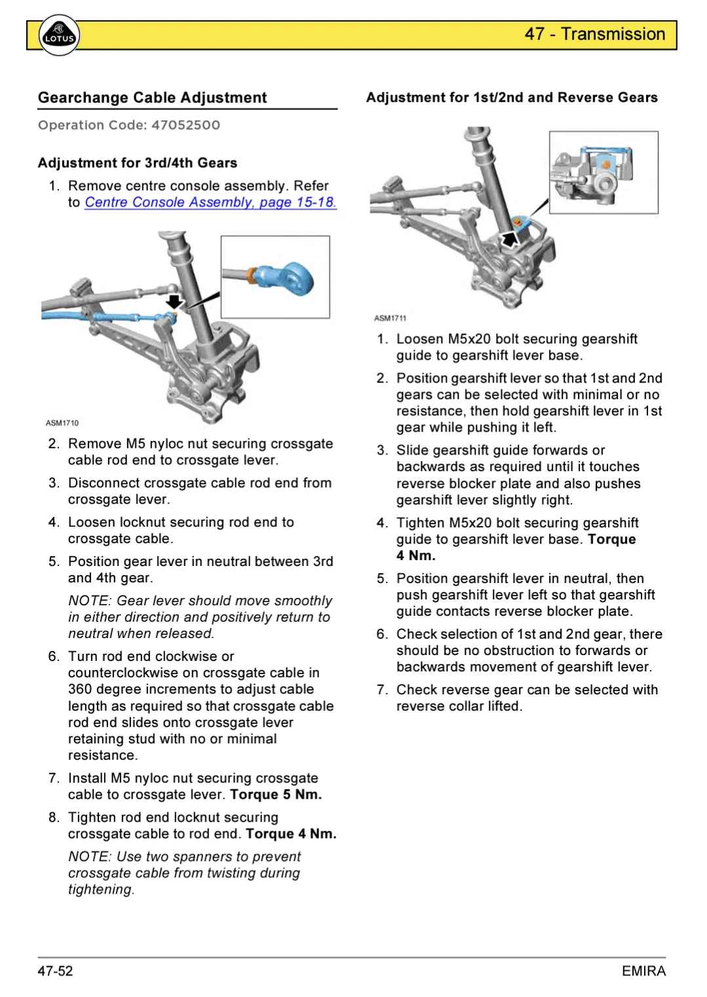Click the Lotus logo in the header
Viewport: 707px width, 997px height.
click(59, 36)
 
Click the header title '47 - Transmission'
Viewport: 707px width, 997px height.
click(594, 34)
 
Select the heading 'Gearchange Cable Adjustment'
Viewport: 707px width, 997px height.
click(152, 98)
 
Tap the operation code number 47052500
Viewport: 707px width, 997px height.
click(185, 125)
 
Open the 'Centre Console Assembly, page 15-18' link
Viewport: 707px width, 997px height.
click(210, 202)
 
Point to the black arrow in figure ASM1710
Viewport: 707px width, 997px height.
click(174, 301)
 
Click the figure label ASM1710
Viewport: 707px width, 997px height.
click(62, 423)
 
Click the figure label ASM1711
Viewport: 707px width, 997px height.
click(390, 318)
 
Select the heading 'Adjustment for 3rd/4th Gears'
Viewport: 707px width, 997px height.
click(138, 163)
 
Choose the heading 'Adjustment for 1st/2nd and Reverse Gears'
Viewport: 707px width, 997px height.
click(512, 98)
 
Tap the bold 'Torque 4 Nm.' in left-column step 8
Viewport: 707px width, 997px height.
click(291, 834)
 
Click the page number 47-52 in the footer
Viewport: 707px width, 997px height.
click(55, 971)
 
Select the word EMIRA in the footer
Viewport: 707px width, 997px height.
click(643, 971)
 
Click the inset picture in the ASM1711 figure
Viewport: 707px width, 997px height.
click(603, 172)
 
